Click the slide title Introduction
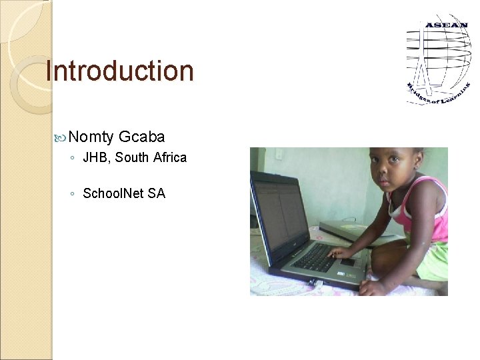[119, 71]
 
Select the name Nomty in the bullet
[91, 137]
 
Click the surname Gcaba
[142, 137]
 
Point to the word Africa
[170, 158]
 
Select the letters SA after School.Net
[157, 193]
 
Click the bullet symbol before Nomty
[61, 137]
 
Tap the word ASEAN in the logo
[446, 26]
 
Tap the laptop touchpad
[347, 262]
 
